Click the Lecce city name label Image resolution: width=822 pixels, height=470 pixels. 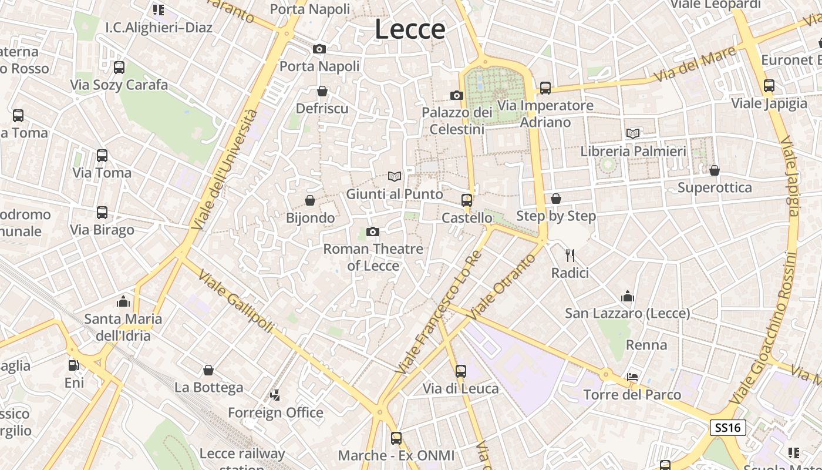(x=410, y=29)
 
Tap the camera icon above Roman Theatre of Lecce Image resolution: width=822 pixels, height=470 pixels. (x=372, y=232)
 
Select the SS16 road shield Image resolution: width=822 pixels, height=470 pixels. (x=728, y=427)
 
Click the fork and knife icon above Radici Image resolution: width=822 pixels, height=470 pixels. (x=570, y=256)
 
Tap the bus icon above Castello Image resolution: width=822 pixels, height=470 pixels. (x=467, y=200)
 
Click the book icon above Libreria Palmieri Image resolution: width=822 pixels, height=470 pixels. (x=633, y=134)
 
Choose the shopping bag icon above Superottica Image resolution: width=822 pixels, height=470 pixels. (x=715, y=170)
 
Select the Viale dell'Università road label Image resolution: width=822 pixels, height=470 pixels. (x=225, y=170)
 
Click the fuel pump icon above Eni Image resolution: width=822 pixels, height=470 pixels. (x=73, y=365)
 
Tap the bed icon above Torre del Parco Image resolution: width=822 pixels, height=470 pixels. (x=632, y=377)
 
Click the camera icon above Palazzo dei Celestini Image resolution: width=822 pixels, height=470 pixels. (x=457, y=95)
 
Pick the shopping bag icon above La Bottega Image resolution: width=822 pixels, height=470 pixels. (x=208, y=370)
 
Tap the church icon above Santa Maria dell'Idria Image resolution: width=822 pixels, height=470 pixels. (x=123, y=301)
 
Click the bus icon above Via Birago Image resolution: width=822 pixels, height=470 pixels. (x=102, y=213)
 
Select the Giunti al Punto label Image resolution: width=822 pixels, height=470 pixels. (x=395, y=194)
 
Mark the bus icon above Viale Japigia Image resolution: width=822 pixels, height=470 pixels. (x=769, y=86)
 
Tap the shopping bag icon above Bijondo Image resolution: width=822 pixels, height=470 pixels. (x=310, y=201)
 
